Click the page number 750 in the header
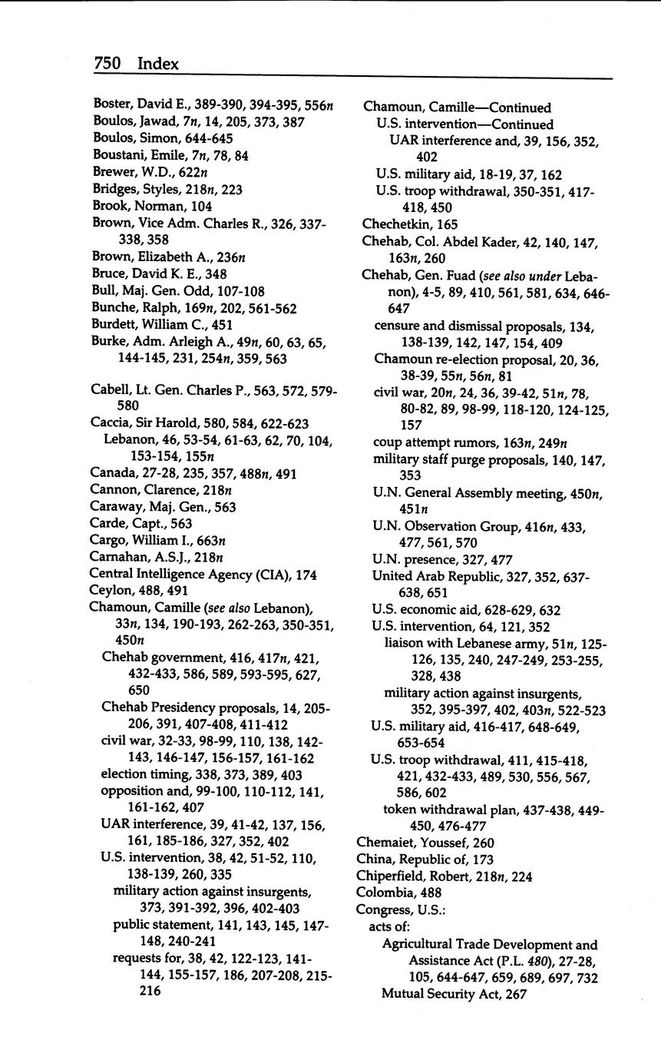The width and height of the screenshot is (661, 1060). pos(107,64)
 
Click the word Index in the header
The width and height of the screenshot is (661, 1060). pos(158,64)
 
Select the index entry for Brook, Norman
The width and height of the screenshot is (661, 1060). pos(152,206)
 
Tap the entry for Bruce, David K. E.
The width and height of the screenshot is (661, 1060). pos(159,273)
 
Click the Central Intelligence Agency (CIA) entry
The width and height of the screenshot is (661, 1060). pos(203,575)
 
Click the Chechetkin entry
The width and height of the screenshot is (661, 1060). pos(410,224)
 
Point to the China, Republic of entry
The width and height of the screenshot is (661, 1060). pos(425,860)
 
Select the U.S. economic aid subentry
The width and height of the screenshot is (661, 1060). pos(465,611)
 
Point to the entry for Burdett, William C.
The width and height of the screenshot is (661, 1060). pos(161,324)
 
